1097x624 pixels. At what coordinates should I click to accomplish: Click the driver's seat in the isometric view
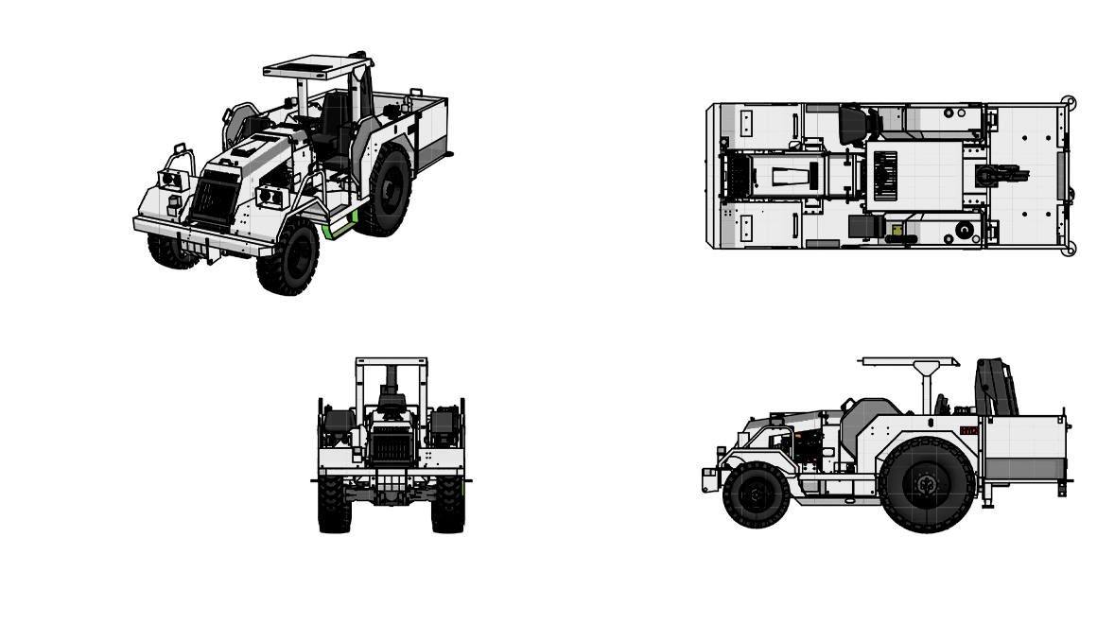click(x=333, y=123)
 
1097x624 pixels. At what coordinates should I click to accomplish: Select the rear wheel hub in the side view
click(x=925, y=485)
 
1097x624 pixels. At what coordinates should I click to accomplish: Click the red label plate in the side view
click(x=968, y=431)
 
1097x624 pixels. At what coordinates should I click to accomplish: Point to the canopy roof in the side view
click(x=908, y=361)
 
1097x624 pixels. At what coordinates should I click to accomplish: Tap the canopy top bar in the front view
click(x=391, y=360)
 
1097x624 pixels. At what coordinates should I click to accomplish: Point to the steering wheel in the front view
click(x=391, y=407)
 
